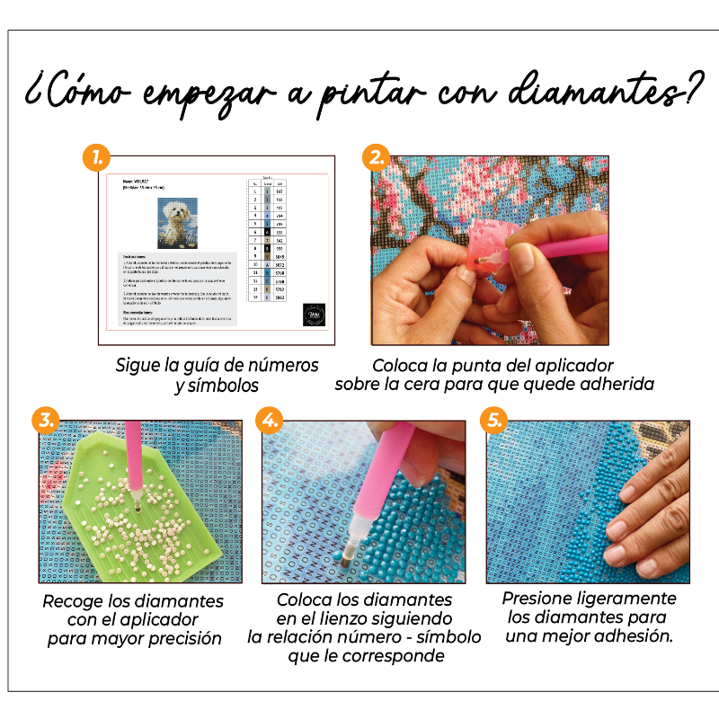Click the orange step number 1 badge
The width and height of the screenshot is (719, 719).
pos(97,158)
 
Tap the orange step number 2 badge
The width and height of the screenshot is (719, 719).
pos(376,158)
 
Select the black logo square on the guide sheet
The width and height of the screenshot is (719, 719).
pos(314,314)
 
